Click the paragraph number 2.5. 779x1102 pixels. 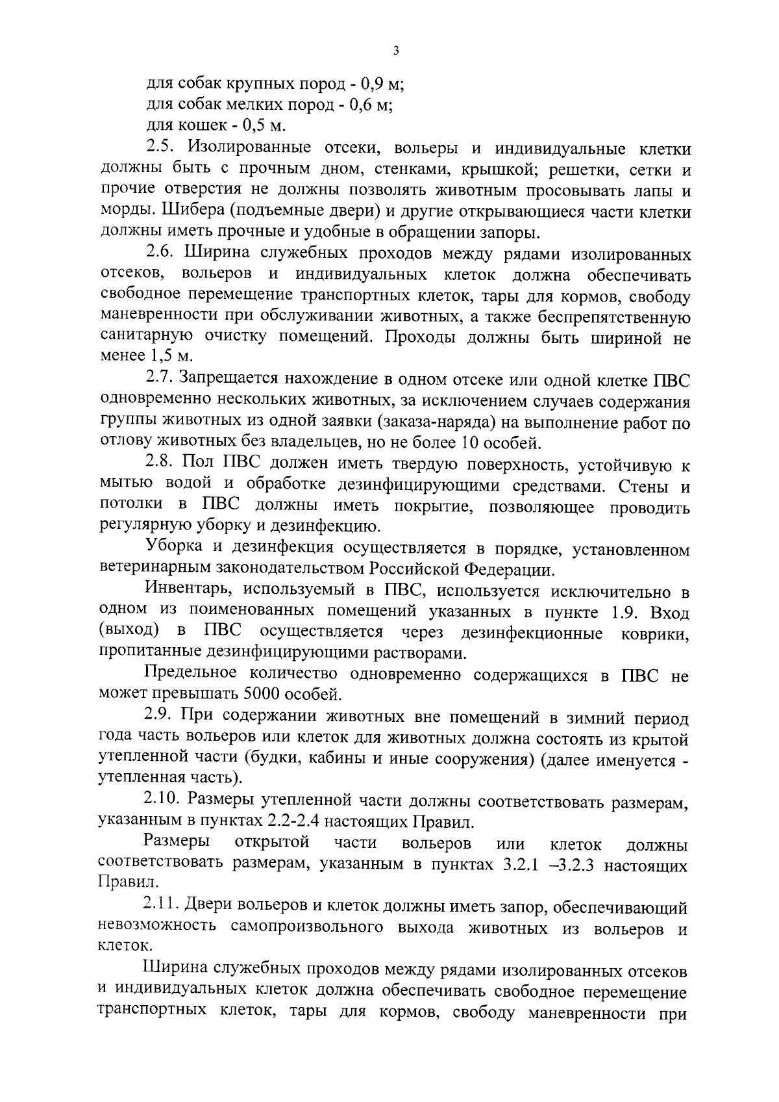pyautogui.click(x=158, y=147)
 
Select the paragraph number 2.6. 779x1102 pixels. pyautogui.click(x=159, y=253)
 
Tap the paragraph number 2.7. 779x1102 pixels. pyautogui.click(x=158, y=378)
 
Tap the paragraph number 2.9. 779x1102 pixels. pyautogui.click(x=158, y=717)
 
